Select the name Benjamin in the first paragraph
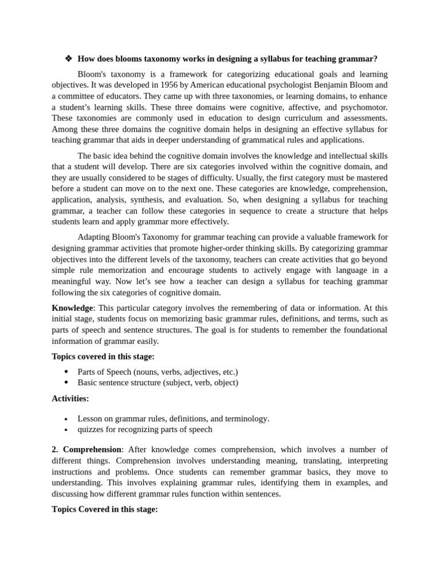coord(324,85)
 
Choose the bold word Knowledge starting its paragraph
coord(72,308)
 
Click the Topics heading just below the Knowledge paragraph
coord(103,357)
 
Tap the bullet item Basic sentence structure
coord(158,382)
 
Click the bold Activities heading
coord(70,398)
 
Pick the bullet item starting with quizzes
coord(144,429)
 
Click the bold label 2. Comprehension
coord(87,449)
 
